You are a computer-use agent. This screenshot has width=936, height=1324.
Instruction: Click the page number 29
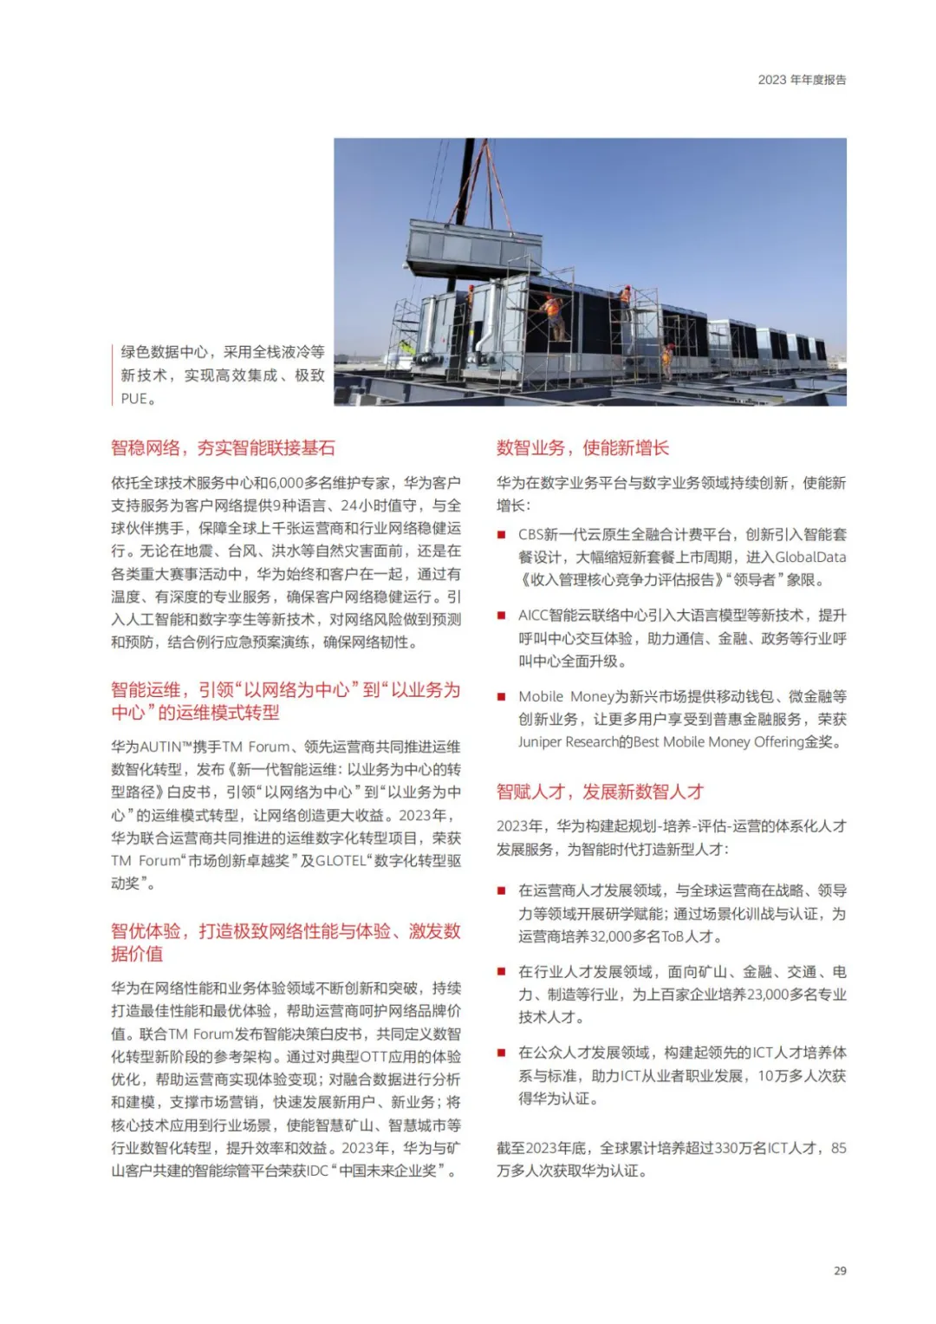pyautogui.click(x=839, y=1270)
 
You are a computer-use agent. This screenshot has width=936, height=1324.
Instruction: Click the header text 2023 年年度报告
pyautogui.click(x=802, y=80)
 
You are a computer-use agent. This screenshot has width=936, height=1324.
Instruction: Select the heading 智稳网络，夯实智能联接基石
pyautogui.click(x=223, y=448)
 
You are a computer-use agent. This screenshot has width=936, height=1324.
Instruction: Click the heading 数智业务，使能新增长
pyautogui.click(x=582, y=448)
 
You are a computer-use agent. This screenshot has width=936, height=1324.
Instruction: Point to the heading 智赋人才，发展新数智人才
pyautogui.click(x=600, y=792)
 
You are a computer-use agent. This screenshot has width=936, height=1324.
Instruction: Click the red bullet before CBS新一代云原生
pyautogui.click(x=501, y=535)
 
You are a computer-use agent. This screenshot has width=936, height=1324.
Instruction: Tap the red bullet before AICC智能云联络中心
pyautogui.click(x=501, y=616)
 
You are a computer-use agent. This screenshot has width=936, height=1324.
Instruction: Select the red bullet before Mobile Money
pyautogui.click(x=501, y=697)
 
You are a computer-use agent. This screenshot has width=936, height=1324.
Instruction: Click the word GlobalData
pyautogui.click(x=810, y=558)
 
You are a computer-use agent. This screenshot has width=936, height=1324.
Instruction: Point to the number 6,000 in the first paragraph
pyautogui.click(x=285, y=483)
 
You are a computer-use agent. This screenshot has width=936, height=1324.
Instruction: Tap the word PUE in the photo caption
pyautogui.click(x=133, y=399)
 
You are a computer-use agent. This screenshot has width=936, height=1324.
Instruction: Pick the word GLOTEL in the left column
pyautogui.click(x=340, y=861)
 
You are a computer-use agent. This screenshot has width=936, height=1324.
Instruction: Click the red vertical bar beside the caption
pyautogui.click(x=113, y=375)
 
